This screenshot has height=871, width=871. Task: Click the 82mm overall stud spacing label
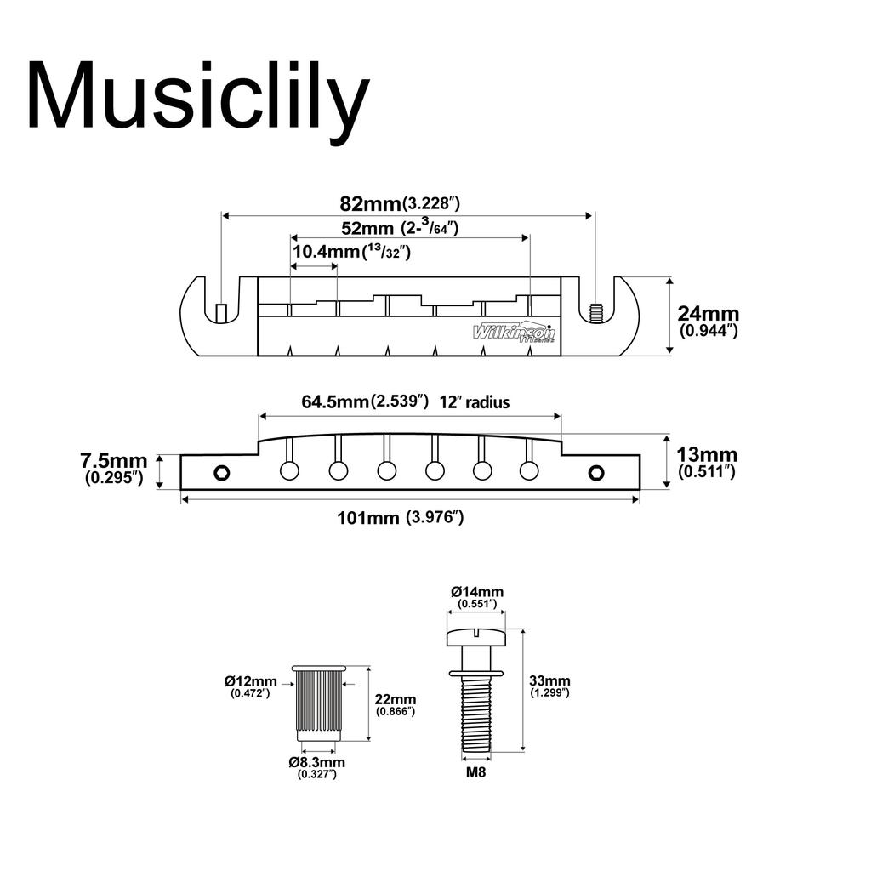(x=400, y=203)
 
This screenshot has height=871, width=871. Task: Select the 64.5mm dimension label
(x=365, y=401)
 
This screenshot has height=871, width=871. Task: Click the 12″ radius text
(x=475, y=402)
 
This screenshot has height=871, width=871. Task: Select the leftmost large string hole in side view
(x=290, y=470)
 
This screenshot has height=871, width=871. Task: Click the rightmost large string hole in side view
(x=530, y=470)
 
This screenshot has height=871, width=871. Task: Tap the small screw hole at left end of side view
(x=222, y=471)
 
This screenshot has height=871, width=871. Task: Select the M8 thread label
(x=476, y=773)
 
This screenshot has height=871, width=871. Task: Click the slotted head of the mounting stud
(x=476, y=635)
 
